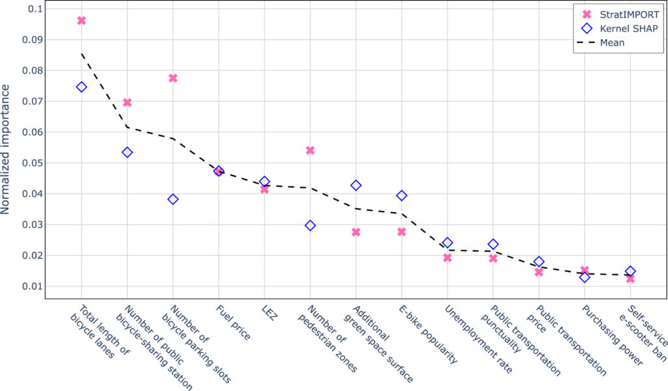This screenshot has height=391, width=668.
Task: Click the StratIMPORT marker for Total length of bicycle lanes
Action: pyautogui.click(x=82, y=20)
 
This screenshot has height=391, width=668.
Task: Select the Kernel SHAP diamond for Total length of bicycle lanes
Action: pyautogui.click(x=82, y=87)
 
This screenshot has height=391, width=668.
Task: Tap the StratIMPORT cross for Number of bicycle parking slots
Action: pyautogui.click(x=173, y=78)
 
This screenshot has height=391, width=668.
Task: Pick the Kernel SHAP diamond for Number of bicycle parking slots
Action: pyautogui.click(x=173, y=199)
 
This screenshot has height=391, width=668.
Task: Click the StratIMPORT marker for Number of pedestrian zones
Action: pyautogui.click(x=311, y=150)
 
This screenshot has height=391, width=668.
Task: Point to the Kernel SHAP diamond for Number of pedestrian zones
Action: pyautogui.click(x=311, y=225)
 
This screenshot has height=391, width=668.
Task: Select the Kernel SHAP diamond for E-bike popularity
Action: pyautogui.click(x=402, y=195)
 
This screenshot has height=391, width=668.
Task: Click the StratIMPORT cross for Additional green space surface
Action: pyautogui.click(x=356, y=232)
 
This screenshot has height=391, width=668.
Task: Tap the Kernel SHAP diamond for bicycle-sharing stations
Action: pyautogui.click(x=127, y=152)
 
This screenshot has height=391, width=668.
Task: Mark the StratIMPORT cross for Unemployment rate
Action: pyautogui.click(x=448, y=257)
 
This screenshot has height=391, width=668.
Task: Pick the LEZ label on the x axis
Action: pyautogui.click(x=269, y=313)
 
